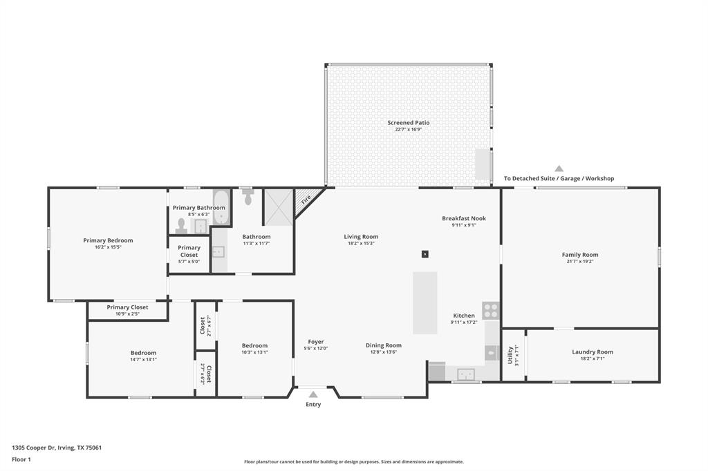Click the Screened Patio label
(408, 123)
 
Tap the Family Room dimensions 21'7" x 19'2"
(580, 261)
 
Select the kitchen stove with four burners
(490, 310)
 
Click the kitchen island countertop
(425, 302)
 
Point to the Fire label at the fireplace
(306, 200)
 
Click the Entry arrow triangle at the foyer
(313, 394)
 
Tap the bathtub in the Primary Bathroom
(221, 207)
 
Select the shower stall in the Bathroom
(278, 207)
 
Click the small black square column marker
(425, 254)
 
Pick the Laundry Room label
(593, 352)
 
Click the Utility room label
(510, 355)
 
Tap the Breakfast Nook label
(464, 218)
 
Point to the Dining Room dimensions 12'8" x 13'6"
(383, 352)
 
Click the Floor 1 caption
(21, 460)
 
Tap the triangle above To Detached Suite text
(559, 169)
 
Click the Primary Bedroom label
(108, 240)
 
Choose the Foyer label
(315, 342)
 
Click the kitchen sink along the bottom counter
(465, 374)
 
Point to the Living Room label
(361, 236)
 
